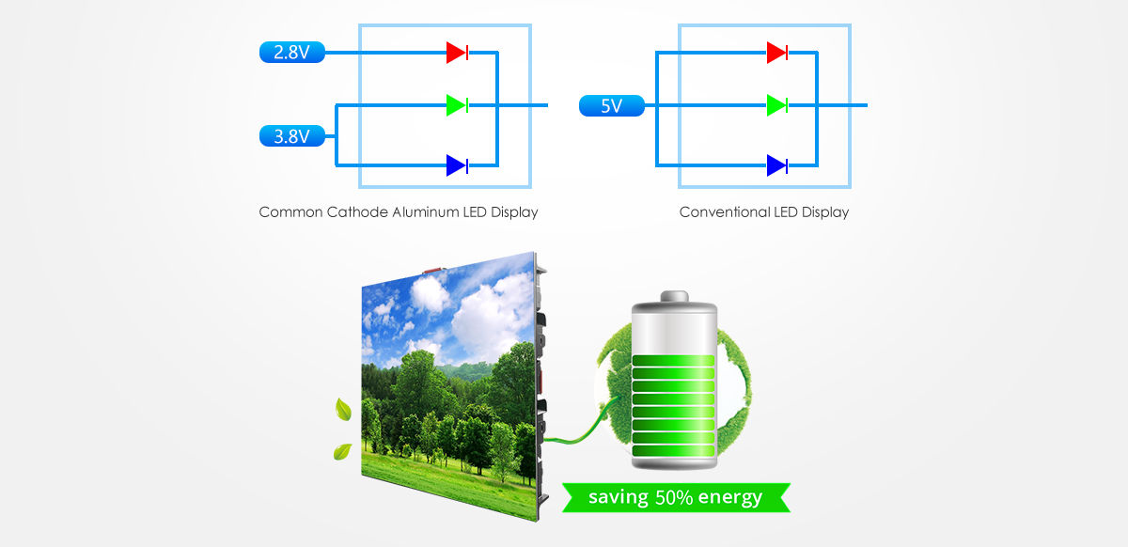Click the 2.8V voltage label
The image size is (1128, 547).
point(291,53)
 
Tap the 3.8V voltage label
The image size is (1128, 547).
point(291,137)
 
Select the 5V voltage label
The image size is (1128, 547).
point(611,106)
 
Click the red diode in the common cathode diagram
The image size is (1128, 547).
point(458,53)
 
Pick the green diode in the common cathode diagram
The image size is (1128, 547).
point(458,104)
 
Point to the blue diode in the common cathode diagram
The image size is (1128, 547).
point(458,166)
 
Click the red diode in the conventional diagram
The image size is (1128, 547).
point(777,53)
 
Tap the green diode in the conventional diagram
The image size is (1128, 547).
point(777,104)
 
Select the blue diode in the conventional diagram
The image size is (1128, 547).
point(777,166)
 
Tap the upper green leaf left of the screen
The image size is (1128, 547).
point(344,410)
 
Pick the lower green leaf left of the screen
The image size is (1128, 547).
point(342,452)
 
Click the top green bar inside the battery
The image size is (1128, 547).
point(673,363)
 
